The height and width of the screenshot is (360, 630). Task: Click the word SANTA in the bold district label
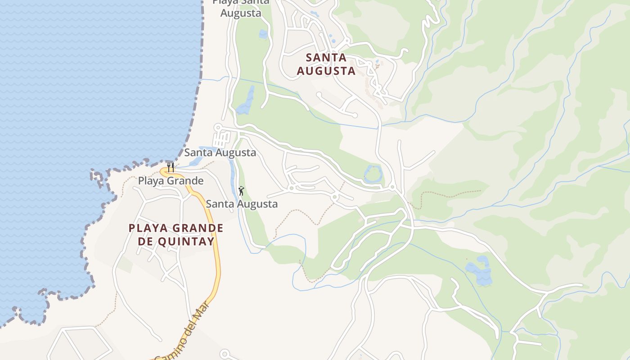click(326, 58)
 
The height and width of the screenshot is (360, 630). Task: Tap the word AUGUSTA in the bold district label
click(326, 71)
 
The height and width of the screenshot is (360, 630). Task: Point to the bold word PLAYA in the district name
click(145, 228)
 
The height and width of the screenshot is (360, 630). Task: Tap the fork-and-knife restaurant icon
click(171, 167)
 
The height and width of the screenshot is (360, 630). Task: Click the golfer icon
click(241, 191)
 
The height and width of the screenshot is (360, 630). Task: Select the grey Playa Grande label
click(171, 181)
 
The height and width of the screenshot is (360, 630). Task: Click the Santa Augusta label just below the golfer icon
click(242, 204)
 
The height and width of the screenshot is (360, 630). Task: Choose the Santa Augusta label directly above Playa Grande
click(220, 153)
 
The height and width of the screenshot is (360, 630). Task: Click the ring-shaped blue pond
click(373, 174)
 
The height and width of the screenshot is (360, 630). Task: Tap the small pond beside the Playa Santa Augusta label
click(263, 34)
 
